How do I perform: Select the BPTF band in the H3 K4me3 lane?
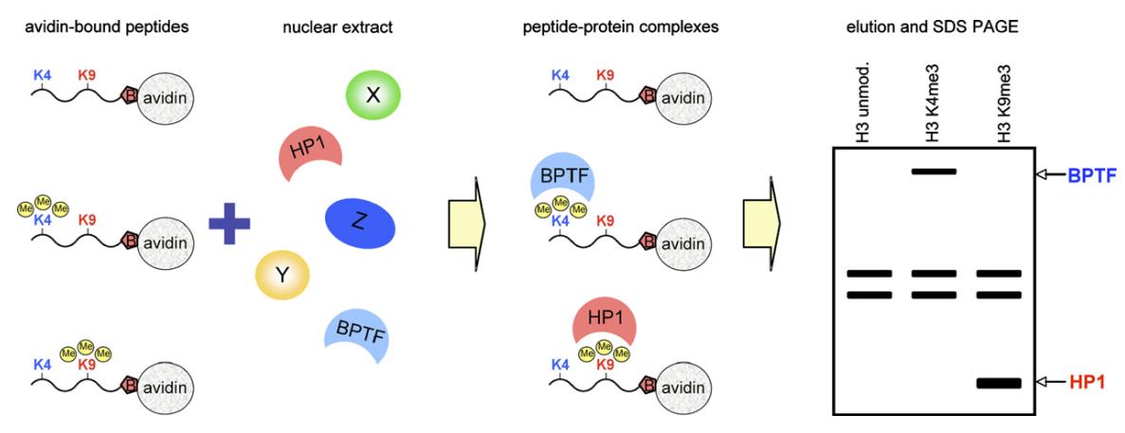934,171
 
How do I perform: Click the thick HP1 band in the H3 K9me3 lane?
998,383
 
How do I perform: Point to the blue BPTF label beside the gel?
1090,174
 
